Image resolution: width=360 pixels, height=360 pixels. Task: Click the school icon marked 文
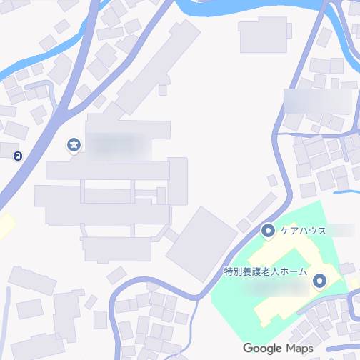74,146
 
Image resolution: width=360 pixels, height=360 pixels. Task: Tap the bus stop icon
17,155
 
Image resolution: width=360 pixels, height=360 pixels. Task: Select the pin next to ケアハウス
268,230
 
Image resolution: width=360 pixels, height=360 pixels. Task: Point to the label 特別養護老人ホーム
264,271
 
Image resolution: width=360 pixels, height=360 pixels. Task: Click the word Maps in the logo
300,348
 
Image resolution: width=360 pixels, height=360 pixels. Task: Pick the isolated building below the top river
262,34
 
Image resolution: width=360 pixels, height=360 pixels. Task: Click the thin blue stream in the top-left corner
29,63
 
